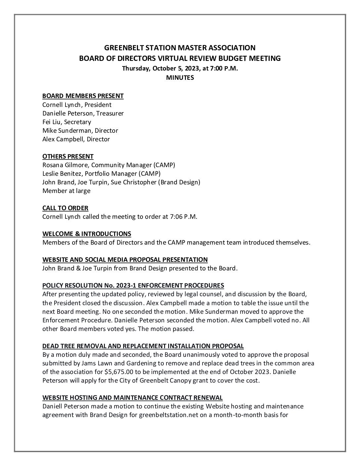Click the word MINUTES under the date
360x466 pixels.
point(180,78)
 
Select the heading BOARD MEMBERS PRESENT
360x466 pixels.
point(83,96)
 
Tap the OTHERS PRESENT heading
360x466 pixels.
point(68,156)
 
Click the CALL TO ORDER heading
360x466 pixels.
point(65,208)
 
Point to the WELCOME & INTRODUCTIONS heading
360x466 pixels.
point(87,234)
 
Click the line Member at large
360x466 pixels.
point(66,191)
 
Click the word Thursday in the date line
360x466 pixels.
point(135,69)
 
